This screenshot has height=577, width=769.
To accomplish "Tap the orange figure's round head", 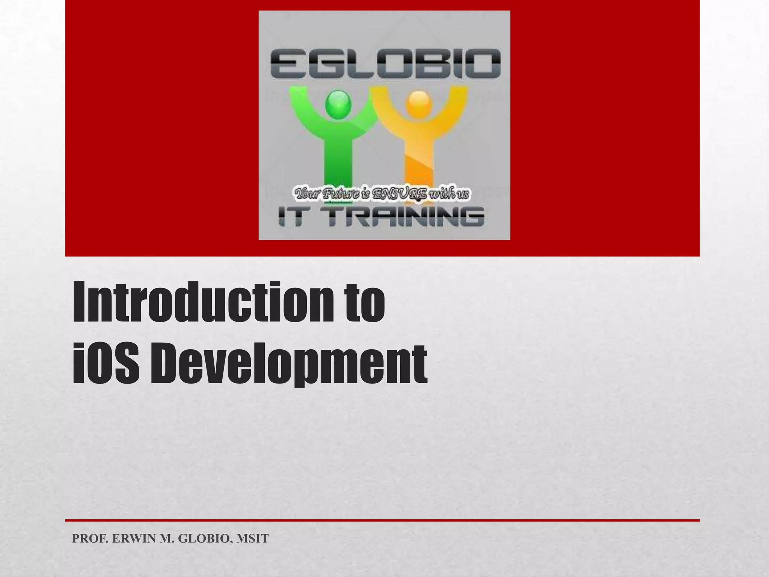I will (x=419, y=102).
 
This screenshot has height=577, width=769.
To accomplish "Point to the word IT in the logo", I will (x=291, y=218).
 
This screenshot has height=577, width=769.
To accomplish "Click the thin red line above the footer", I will (x=382, y=520).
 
